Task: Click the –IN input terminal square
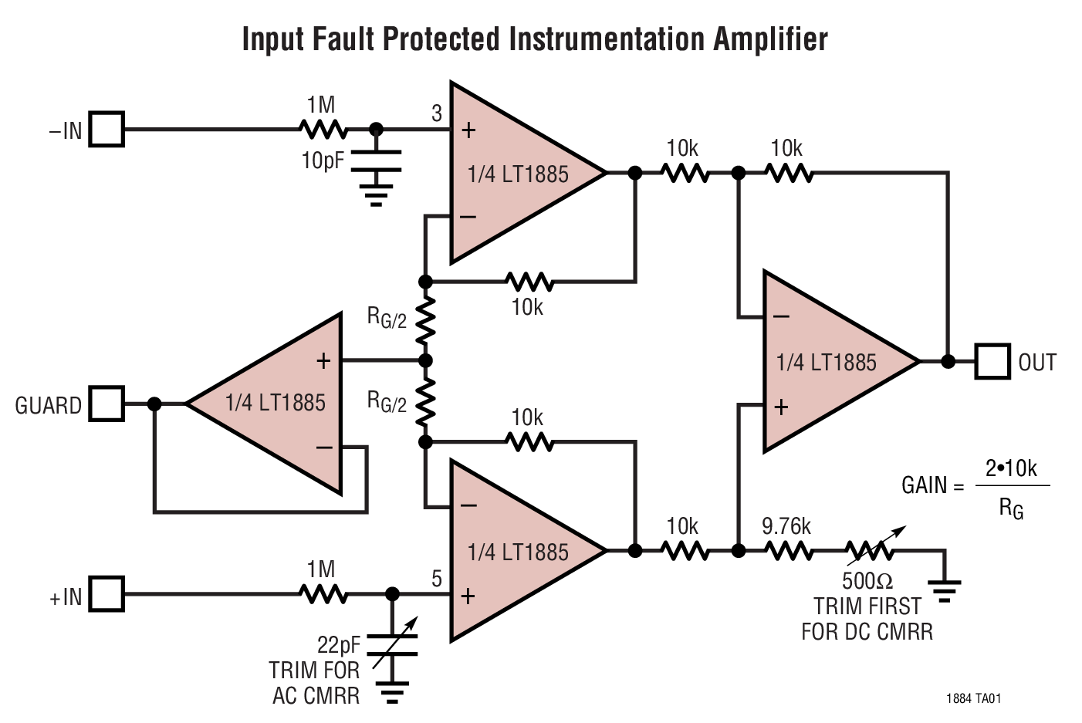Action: point(107,130)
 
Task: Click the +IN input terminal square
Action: point(107,594)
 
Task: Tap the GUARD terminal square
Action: point(107,404)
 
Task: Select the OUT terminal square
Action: point(992,361)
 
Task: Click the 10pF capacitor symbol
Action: point(376,160)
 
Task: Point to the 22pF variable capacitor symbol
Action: point(392,645)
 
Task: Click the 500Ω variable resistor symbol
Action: point(870,550)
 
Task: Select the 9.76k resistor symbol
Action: point(788,550)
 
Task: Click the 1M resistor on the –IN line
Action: point(323,130)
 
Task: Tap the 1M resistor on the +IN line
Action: point(323,594)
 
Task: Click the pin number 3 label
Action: point(437,114)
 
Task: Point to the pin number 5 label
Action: point(437,579)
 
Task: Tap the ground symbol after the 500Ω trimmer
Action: point(945,590)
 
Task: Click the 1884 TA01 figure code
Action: point(973,698)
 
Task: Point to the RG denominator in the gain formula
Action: point(1011,508)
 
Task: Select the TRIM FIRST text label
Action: point(867,606)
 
